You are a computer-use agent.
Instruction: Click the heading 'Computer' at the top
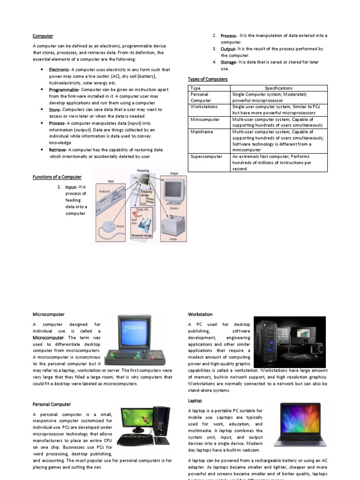point(43,36)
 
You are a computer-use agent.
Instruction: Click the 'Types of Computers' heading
point(208,79)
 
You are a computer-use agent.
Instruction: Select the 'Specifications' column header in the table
point(278,88)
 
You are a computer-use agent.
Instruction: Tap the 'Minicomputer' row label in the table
point(205,120)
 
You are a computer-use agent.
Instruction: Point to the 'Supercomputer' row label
point(206,156)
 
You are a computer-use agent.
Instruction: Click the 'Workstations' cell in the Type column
point(205,107)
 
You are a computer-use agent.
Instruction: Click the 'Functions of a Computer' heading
point(57,177)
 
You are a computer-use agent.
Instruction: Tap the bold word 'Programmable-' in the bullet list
point(65,90)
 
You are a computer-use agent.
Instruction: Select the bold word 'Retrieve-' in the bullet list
point(60,150)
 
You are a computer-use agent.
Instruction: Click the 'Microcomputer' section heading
point(49,315)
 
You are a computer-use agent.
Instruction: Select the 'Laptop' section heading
point(195,401)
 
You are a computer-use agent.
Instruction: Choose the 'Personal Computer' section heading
point(52,404)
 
